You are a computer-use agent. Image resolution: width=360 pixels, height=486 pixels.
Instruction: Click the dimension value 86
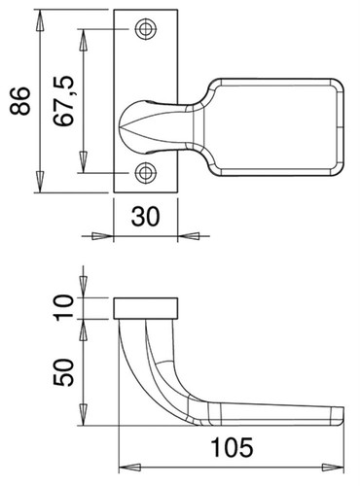(x=20, y=101)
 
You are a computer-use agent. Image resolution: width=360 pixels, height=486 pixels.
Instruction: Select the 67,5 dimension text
(x=64, y=101)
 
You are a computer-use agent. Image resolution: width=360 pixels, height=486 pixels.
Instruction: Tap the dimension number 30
(x=145, y=217)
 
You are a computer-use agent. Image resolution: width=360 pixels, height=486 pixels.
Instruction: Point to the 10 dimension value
(x=63, y=308)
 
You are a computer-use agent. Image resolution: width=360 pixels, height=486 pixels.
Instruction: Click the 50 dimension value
(x=63, y=372)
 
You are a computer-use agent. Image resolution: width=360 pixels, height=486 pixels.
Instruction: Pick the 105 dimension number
(x=232, y=447)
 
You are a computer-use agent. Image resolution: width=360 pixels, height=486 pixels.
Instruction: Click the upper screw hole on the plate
(x=146, y=29)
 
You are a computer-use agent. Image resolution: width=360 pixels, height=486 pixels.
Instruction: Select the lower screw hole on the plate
(x=146, y=173)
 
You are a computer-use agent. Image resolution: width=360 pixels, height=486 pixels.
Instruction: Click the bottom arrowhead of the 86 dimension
(x=40, y=182)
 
